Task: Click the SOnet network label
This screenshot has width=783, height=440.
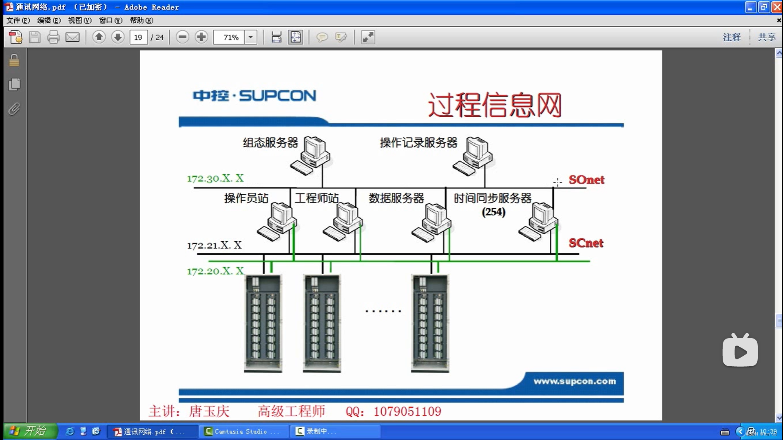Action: pyautogui.click(x=586, y=180)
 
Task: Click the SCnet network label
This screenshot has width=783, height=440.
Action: pyautogui.click(x=586, y=243)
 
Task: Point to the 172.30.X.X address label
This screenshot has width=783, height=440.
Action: pyautogui.click(x=215, y=178)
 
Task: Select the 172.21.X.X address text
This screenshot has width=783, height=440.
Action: pyautogui.click(x=215, y=245)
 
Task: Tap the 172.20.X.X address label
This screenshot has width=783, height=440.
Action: pyautogui.click(x=215, y=271)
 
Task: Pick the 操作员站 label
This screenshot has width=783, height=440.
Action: pyautogui.click(x=246, y=198)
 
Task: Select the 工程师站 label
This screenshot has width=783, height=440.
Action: pyautogui.click(x=316, y=198)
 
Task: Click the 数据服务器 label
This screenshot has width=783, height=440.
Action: pyautogui.click(x=396, y=198)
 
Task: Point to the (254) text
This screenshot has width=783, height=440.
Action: pyautogui.click(x=493, y=212)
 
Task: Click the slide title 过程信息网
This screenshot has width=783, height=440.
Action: pyautogui.click(x=495, y=105)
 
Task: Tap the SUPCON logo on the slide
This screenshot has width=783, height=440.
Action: pyautogui.click(x=254, y=96)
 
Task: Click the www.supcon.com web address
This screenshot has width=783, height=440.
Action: pyautogui.click(x=575, y=381)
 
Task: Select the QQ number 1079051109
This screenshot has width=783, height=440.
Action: pyautogui.click(x=407, y=411)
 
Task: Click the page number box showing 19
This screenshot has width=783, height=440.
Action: pyautogui.click(x=138, y=37)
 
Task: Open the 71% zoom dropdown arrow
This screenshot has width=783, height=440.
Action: pyautogui.click(x=251, y=37)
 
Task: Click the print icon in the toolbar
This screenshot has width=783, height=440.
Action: pyautogui.click(x=53, y=37)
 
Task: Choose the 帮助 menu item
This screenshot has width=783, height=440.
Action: pyautogui.click(x=141, y=20)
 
